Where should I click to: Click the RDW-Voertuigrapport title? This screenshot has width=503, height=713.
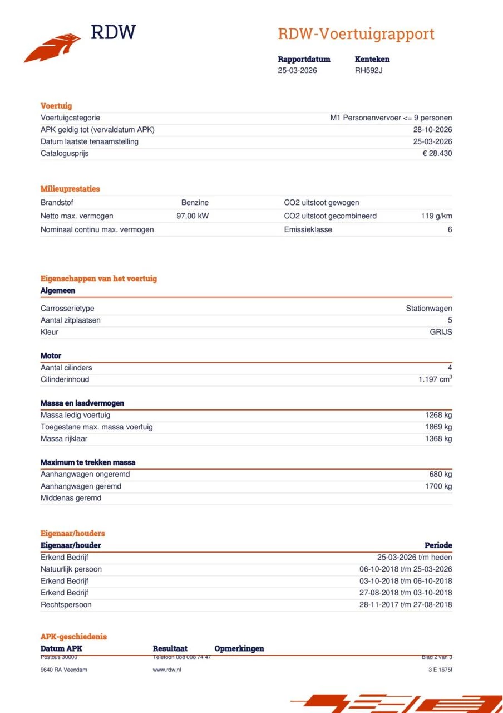[356, 34]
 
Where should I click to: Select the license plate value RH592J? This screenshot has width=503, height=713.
[369, 70]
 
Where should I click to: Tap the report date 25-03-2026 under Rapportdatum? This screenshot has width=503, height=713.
[298, 70]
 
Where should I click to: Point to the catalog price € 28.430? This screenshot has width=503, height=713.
[437, 153]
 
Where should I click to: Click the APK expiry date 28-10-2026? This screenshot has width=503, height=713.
[433, 130]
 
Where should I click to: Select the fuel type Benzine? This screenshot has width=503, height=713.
[195, 203]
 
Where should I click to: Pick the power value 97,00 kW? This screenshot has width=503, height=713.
[193, 216]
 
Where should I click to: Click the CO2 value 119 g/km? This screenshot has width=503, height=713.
[436, 216]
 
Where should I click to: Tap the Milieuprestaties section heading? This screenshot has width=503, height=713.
[70, 189]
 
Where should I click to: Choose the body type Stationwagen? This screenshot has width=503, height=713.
[428, 309]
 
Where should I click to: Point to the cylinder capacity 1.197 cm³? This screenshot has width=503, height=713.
[435, 379]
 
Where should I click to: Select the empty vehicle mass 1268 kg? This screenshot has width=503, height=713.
[438, 415]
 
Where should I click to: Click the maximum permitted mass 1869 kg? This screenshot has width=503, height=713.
[438, 427]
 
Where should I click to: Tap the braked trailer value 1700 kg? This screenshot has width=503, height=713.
[438, 486]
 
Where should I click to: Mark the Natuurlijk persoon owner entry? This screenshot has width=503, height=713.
[71, 569]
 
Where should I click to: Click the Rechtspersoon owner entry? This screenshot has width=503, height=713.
[66, 605]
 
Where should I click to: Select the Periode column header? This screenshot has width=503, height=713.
[438, 545]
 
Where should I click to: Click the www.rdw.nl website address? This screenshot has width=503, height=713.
[167, 670]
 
